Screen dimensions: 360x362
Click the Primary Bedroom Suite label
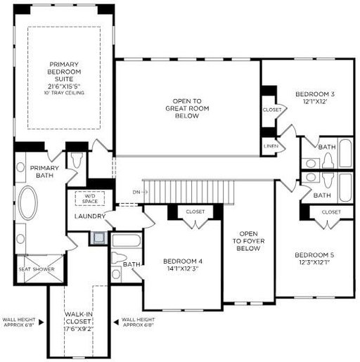64,72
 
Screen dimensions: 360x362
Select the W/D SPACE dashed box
90,198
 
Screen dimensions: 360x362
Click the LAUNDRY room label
90,216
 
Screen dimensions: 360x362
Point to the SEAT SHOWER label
37,269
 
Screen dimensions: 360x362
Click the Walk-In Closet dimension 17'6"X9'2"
79,329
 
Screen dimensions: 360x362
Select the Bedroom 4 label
183,261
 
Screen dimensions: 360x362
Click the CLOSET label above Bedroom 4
195,212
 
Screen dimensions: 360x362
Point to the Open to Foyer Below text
248,241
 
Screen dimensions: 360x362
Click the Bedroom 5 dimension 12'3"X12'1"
314,262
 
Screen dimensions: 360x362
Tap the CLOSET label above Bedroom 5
331,212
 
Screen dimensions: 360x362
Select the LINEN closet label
271,146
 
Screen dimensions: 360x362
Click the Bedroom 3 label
315,94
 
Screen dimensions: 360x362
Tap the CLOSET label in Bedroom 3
272,110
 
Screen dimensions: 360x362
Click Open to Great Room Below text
187,108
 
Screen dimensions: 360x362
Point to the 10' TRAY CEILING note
64,93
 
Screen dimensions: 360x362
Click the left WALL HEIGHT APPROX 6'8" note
19,322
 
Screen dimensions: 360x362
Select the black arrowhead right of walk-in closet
116,323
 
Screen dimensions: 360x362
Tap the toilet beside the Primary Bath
77,160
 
